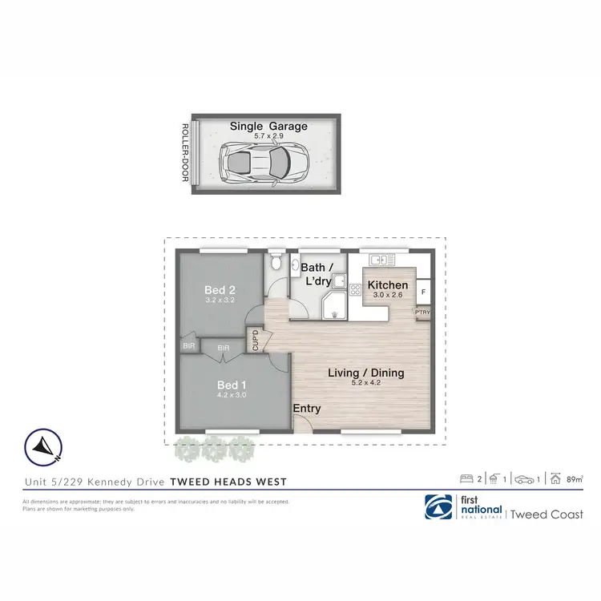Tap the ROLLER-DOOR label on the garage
pyautogui.click(x=184, y=153)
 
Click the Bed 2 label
pyautogui.click(x=219, y=290)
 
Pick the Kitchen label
pyautogui.click(x=388, y=285)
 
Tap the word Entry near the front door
pyautogui.click(x=307, y=409)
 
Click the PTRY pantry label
pyautogui.click(x=422, y=313)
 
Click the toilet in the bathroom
pyautogui.click(x=275, y=264)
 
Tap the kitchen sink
pyautogui.click(x=380, y=260)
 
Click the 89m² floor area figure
pyautogui.click(x=574, y=479)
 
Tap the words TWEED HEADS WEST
pyautogui.click(x=228, y=482)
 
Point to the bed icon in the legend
pyautogui.click(x=466, y=479)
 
